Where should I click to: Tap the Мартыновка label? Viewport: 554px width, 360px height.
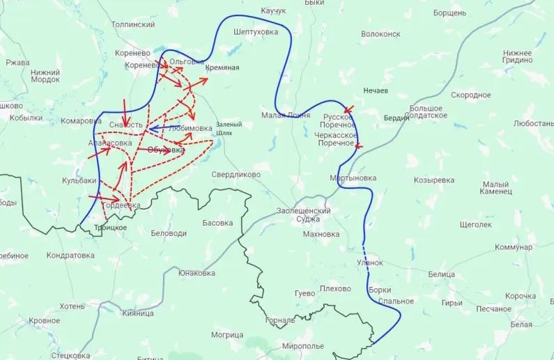(x=353, y=178)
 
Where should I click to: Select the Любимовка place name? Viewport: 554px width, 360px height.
(x=190, y=128)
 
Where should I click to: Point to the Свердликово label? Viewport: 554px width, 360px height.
(x=236, y=175)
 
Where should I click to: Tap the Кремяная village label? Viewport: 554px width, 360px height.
(x=222, y=68)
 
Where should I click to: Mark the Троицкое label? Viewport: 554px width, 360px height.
(x=110, y=228)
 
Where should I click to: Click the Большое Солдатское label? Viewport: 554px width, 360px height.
(x=428, y=111)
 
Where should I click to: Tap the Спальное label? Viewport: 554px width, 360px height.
(x=390, y=301)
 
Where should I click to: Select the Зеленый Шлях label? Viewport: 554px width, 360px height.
(x=229, y=128)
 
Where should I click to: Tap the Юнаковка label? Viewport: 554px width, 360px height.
(x=196, y=273)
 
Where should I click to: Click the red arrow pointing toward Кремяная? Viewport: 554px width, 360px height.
(x=199, y=81)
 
